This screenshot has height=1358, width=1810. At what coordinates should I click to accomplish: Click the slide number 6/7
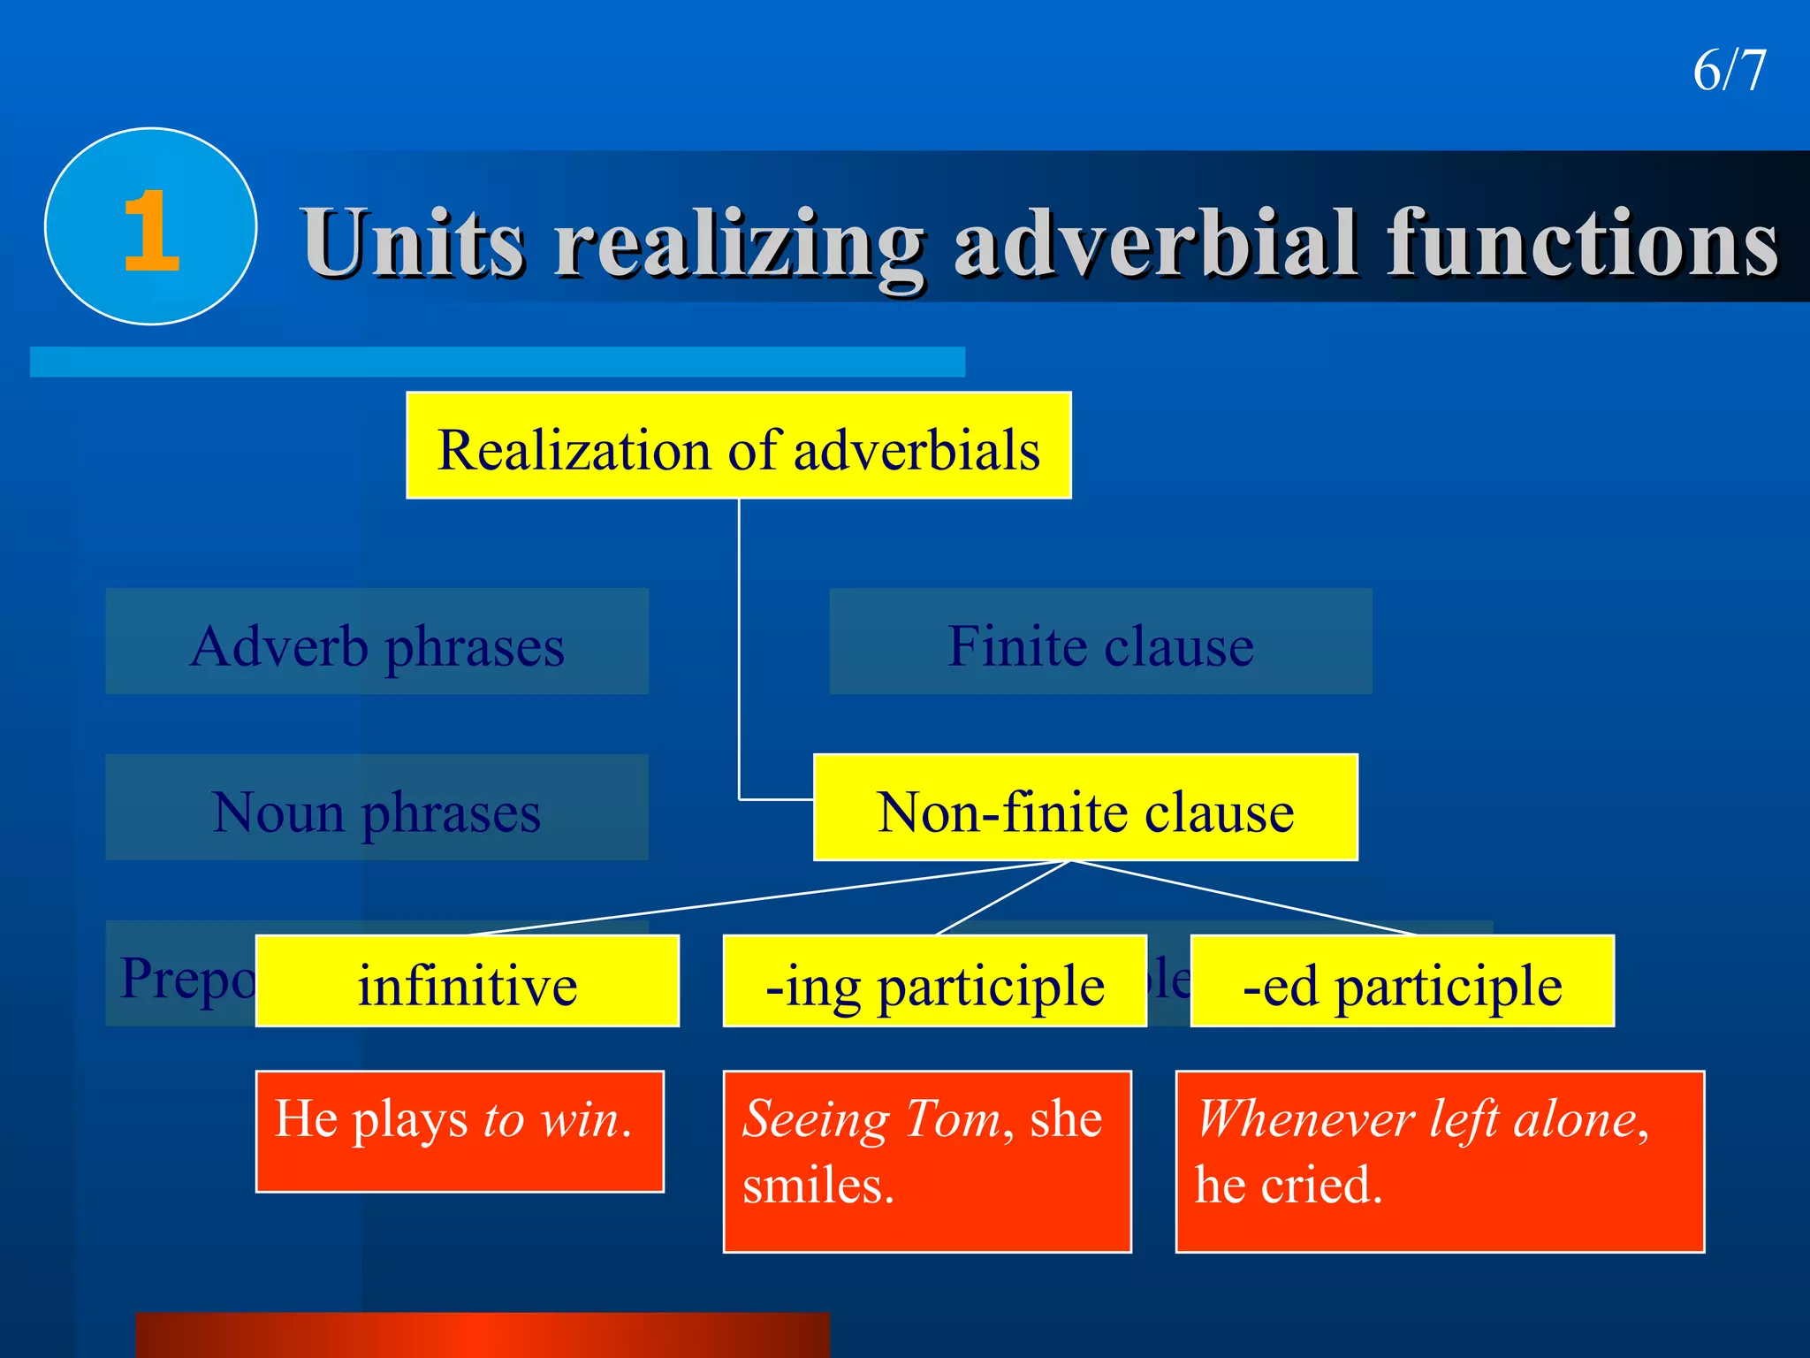coord(1729,71)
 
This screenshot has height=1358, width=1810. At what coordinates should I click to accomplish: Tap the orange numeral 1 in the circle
coord(151,232)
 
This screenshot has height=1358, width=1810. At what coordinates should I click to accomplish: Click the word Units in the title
coord(414,242)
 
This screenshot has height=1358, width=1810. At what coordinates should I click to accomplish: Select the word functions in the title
coord(1582,242)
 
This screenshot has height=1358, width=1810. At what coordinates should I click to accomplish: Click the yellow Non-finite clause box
coord(1084,808)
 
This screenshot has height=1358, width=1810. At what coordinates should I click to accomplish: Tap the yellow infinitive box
coord(467,982)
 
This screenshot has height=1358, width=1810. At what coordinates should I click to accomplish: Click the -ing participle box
coord(934,982)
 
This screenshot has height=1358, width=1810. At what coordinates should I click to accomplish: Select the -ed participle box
coord(1402,982)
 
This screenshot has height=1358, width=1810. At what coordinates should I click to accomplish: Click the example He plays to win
coord(454,1121)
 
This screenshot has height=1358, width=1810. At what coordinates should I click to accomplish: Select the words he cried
coord(1289,1185)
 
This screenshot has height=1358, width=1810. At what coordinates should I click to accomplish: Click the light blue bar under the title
coord(497,362)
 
